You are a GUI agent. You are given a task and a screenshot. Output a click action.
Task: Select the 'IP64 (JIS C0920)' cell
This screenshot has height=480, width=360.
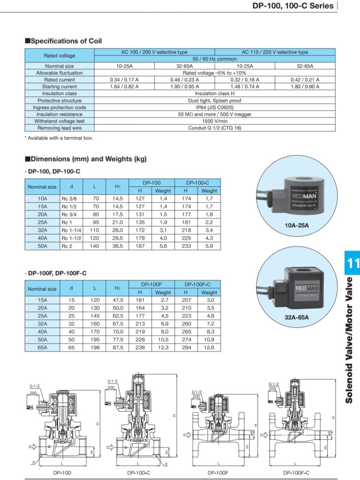(214, 107)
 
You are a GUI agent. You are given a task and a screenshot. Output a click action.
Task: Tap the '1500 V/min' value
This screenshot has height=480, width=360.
(214, 121)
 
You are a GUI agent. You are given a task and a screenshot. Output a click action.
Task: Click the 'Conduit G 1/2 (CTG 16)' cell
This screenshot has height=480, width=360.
(214, 128)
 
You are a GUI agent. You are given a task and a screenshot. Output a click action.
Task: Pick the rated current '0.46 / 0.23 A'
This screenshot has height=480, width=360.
(184, 80)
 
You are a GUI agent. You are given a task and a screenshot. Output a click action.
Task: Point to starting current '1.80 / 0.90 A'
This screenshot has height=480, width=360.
(305, 87)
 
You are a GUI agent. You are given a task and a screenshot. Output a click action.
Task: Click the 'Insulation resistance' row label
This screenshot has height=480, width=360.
(59, 114)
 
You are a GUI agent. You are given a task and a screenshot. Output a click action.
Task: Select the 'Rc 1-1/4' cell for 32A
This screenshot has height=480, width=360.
(71, 230)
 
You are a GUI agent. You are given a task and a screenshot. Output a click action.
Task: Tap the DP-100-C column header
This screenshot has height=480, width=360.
(197, 183)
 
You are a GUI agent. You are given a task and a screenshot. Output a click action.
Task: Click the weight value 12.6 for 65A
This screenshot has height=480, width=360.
(209, 347)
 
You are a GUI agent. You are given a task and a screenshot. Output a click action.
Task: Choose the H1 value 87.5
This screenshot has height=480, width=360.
(118, 347)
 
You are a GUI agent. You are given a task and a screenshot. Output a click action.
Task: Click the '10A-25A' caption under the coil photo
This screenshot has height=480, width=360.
(297, 225)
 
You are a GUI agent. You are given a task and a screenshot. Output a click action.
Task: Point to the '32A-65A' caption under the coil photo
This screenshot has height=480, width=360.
(297, 317)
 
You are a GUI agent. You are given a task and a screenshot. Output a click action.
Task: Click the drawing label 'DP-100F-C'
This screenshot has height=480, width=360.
(296, 473)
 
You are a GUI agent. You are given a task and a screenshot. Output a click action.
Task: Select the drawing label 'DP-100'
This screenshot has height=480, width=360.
(62, 473)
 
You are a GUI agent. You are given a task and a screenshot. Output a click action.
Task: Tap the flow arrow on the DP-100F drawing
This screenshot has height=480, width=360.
(187, 435)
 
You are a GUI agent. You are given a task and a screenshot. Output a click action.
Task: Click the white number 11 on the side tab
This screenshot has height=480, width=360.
(352, 263)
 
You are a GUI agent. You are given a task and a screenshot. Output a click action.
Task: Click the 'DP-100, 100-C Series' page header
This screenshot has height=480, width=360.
(293, 6)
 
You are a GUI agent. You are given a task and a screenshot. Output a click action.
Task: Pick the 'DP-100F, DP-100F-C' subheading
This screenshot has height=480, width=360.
(57, 273)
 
